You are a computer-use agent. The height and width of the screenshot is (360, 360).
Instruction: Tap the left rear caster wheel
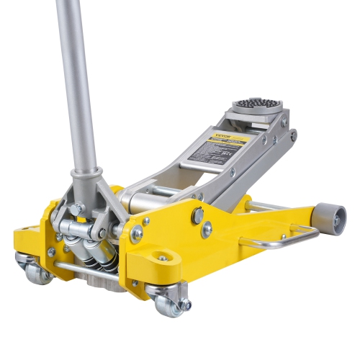(34, 269)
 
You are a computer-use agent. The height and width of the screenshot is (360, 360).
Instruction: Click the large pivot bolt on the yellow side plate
(198, 215)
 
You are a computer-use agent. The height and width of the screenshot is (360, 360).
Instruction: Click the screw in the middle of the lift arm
(232, 173)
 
